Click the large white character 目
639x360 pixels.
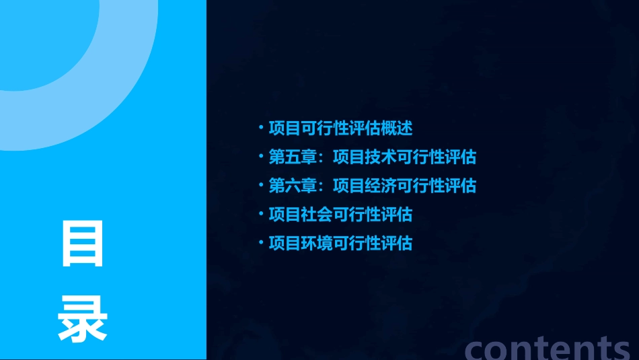[x=83, y=244]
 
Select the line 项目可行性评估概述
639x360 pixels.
[x=340, y=128]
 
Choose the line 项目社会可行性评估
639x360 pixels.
[x=340, y=215]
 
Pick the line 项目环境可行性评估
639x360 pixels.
[x=340, y=243]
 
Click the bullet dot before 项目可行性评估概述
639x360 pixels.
[x=261, y=128]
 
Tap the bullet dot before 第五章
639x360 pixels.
[x=261, y=157]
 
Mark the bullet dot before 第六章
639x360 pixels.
[x=261, y=186]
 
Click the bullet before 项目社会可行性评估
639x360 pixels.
[x=261, y=215]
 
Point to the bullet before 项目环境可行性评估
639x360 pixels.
[x=261, y=243]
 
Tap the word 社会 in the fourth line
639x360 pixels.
[x=317, y=215]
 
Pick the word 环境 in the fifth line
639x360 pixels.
[x=317, y=243]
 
